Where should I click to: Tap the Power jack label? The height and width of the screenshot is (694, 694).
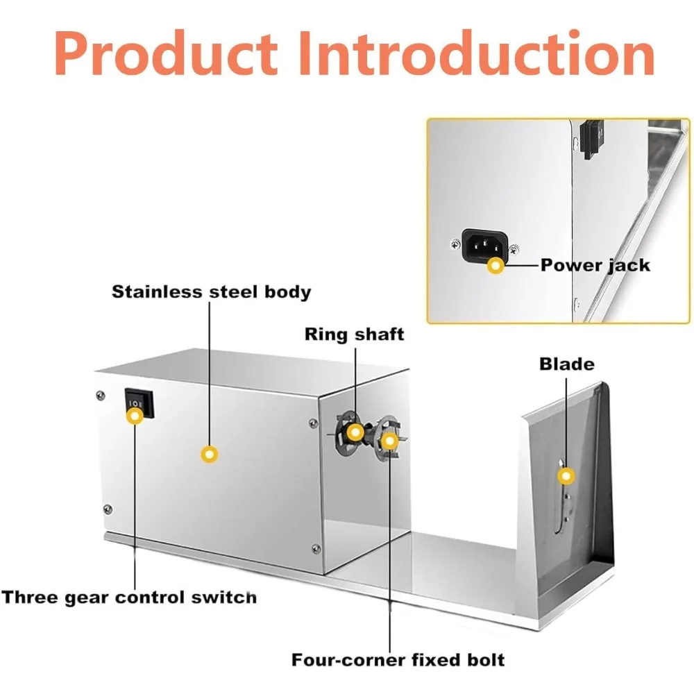click(x=595, y=265)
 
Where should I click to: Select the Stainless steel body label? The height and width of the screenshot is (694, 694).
click(x=212, y=291)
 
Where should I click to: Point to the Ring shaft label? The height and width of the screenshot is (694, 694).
click(x=354, y=334)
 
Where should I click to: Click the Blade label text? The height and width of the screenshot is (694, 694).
click(x=567, y=364)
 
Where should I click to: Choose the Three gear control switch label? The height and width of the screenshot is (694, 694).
click(x=129, y=597)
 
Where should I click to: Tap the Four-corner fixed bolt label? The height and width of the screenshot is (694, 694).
click(x=398, y=659)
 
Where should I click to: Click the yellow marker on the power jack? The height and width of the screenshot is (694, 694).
click(x=496, y=265)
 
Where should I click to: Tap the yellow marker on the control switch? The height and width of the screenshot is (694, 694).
click(x=135, y=416)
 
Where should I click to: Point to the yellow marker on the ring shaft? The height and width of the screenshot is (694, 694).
click(x=355, y=432)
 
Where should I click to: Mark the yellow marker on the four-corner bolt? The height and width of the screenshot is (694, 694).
click(x=391, y=440)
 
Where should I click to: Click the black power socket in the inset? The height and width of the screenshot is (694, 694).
click(x=484, y=245)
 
